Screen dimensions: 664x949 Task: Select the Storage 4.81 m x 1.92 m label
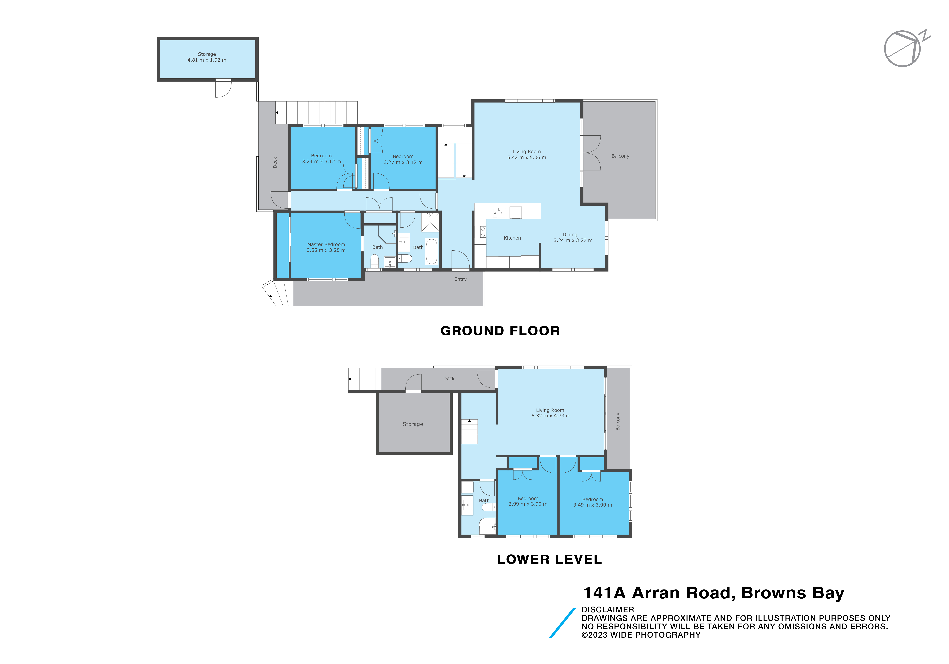(x=207, y=57)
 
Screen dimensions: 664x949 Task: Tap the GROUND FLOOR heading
(x=500, y=331)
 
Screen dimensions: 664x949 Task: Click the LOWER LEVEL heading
(x=549, y=559)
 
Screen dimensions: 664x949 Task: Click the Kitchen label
(x=512, y=238)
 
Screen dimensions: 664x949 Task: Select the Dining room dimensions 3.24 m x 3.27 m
(x=573, y=241)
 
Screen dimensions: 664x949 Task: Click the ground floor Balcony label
(x=620, y=156)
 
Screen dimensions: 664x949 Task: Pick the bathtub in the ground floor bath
(x=432, y=251)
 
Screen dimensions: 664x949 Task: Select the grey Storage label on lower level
(x=413, y=424)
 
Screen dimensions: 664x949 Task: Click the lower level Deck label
(x=448, y=379)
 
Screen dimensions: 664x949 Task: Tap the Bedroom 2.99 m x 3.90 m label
(x=528, y=501)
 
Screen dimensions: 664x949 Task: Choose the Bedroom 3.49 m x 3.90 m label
(x=592, y=502)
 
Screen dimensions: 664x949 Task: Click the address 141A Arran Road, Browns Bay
(x=713, y=593)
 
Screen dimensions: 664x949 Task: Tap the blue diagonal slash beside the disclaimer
(x=562, y=623)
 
